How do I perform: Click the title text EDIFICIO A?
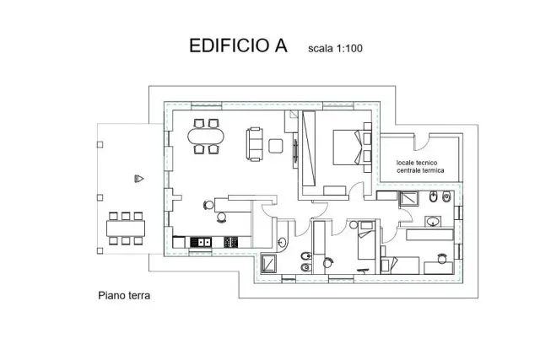238,46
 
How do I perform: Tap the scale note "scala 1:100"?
335,48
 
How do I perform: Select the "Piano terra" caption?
124,296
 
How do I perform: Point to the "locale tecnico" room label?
417,163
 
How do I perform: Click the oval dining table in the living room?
206,137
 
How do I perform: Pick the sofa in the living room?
255,144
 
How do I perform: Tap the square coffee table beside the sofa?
276,146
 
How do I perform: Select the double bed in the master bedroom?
352,147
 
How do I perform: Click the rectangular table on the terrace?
126,228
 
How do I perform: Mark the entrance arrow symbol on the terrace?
138,179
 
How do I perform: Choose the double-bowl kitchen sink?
201,242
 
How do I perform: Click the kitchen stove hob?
230,242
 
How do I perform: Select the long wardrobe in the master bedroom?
309,148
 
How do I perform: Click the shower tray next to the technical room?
408,199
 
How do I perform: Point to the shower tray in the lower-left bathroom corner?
268,264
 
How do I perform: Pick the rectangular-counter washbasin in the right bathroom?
433,221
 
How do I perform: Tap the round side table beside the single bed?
354,225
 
